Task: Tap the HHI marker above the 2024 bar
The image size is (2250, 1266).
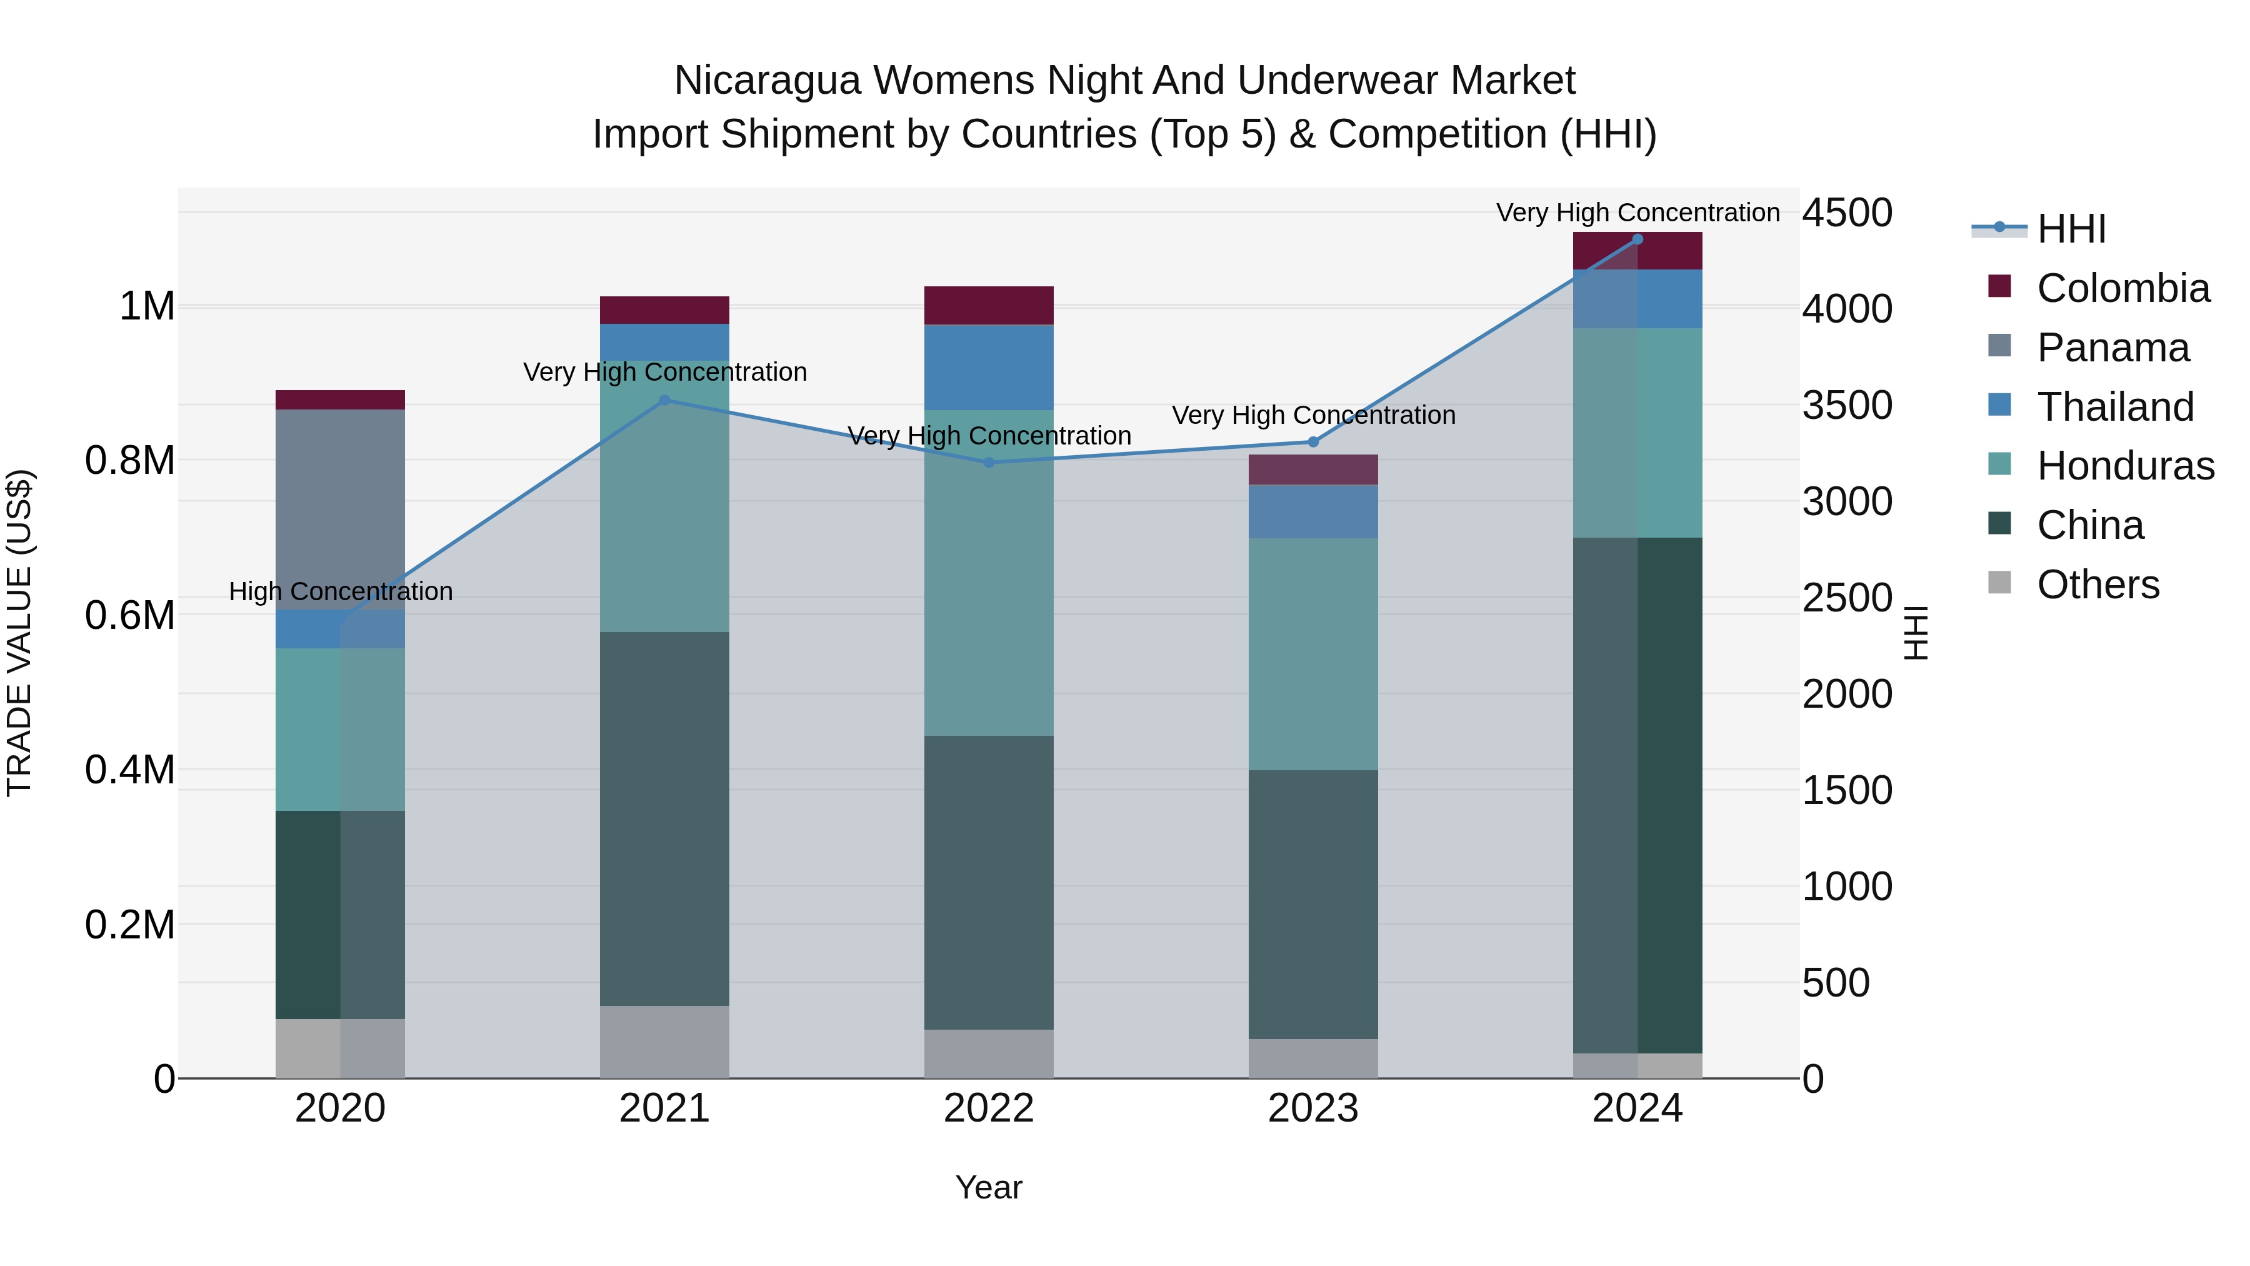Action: click(x=1637, y=239)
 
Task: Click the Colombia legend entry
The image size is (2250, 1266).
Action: click(x=2122, y=288)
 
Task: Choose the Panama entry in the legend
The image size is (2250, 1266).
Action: click(x=2112, y=347)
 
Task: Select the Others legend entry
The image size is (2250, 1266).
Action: click(x=2097, y=585)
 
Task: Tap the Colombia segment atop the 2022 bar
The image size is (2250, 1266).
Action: click(x=989, y=305)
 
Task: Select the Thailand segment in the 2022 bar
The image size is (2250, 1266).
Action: click(x=989, y=367)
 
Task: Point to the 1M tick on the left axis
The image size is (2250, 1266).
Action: click(x=147, y=307)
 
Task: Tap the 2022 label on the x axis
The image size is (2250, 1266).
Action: click(x=989, y=1108)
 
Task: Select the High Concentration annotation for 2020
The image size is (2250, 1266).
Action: click(x=341, y=591)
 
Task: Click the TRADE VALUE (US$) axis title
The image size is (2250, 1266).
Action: click(x=19, y=633)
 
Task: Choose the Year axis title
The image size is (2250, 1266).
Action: click(x=989, y=1187)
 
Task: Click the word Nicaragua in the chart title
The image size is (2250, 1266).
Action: click(x=767, y=81)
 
